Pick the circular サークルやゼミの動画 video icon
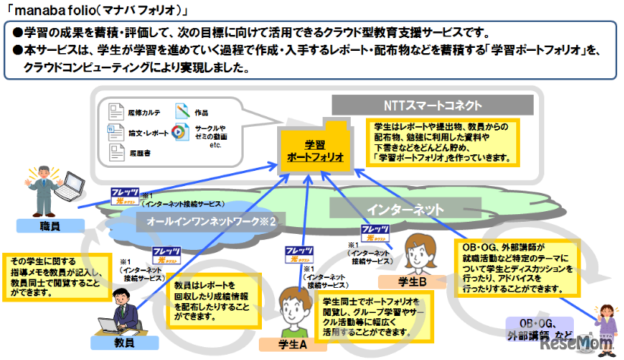181,131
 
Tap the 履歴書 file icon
115,153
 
